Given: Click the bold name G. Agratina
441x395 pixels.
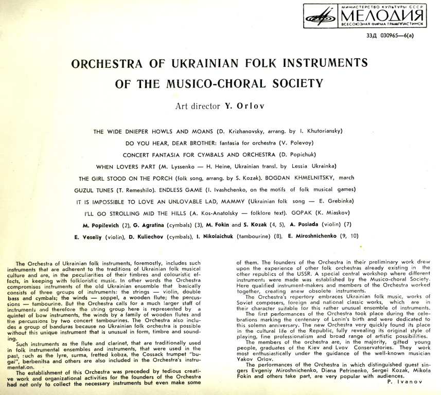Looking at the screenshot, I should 149,225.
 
